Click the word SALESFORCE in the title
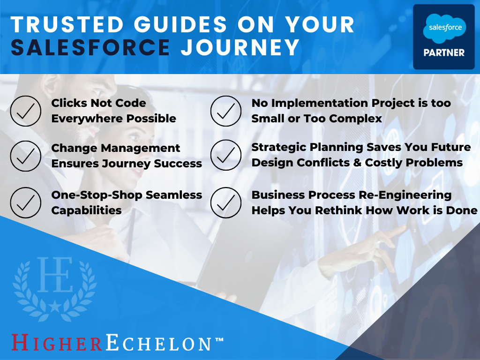[x=90, y=47]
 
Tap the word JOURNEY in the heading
[x=240, y=47]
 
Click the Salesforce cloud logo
[x=444, y=28]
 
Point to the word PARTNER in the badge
[x=444, y=52]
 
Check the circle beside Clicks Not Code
[x=26, y=111]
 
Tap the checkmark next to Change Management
[x=26, y=156]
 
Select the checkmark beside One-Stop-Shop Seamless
[x=26, y=202]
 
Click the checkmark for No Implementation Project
[x=226, y=111]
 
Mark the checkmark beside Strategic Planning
[x=226, y=155]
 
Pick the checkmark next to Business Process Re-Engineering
[x=226, y=202]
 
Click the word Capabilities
[x=86, y=210]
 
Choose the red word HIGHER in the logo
[x=57, y=343]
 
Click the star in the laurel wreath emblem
[x=54, y=307]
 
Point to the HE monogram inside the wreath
[x=55, y=274]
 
